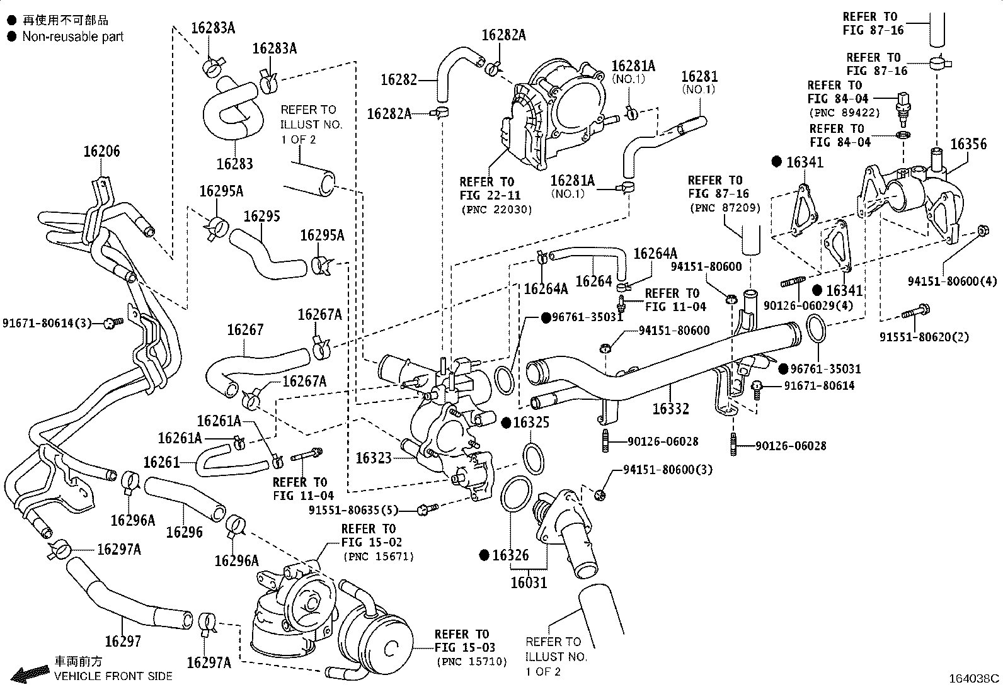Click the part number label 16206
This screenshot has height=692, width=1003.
point(101,151)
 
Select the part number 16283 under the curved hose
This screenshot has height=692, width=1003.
point(234,164)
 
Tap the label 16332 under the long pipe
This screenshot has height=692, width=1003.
point(670,409)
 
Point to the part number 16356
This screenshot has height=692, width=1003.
point(968,144)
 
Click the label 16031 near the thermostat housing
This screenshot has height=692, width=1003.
point(529,583)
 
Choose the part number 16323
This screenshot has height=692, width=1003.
point(374,458)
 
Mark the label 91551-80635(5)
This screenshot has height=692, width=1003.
point(353,510)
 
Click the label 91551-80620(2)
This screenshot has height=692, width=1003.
point(924,337)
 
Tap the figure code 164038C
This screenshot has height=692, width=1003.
point(974,679)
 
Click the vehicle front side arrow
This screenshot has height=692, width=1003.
point(30,674)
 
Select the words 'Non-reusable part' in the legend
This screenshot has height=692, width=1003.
point(73,37)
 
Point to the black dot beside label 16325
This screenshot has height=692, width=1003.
point(506,423)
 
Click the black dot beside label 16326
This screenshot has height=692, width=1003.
point(484,555)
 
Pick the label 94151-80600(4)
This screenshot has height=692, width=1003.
point(953,281)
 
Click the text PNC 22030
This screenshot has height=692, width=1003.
point(496,210)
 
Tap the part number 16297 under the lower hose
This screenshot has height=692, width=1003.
point(123,642)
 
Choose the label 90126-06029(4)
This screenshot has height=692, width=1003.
point(808,305)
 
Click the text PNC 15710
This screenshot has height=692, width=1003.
point(471,662)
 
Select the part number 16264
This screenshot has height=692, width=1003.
point(593,281)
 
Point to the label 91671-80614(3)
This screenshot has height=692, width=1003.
point(47,323)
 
